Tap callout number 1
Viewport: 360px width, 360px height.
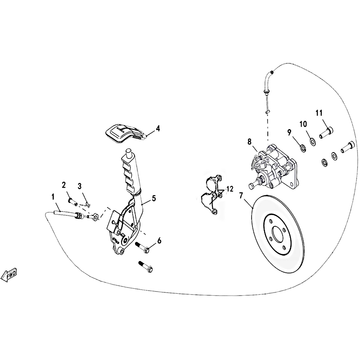(x=53, y=197)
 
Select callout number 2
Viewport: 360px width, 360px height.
(x=63, y=185)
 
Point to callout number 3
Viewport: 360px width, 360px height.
(x=80, y=186)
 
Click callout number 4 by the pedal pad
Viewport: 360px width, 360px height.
(x=158, y=129)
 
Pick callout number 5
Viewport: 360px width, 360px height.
(x=153, y=198)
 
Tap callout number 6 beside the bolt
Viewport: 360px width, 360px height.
(x=159, y=241)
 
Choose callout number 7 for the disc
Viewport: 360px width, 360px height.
(x=241, y=196)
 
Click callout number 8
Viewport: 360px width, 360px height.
(x=250, y=142)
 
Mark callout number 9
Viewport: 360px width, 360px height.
(x=289, y=132)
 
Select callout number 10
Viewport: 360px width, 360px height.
(x=303, y=124)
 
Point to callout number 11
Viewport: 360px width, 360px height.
(x=319, y=113)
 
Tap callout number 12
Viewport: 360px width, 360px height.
(x=229, y=189)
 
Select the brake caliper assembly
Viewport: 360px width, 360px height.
(x=273, y=167)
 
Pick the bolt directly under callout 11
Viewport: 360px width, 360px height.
(x=326, y=132)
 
